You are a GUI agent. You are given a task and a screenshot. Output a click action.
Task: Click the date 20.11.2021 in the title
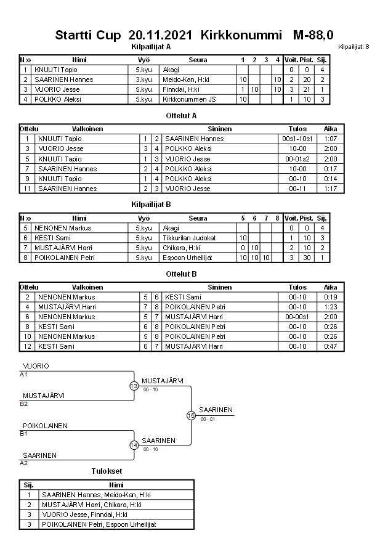tap(161, 35)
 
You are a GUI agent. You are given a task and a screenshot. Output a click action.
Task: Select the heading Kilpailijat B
tap(151, 204)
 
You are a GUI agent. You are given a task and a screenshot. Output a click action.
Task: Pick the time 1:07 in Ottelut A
tap(330, 139)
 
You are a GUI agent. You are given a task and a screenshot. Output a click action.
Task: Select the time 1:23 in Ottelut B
tap(330, 307)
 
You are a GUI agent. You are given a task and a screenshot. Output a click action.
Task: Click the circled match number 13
tap(134, 386)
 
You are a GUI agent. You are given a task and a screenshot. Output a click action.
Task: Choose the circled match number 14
tap(134, 445)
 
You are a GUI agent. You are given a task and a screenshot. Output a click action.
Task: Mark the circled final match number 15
tap(191, 416)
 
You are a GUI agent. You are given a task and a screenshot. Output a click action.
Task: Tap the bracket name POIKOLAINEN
tap(45, 426)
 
